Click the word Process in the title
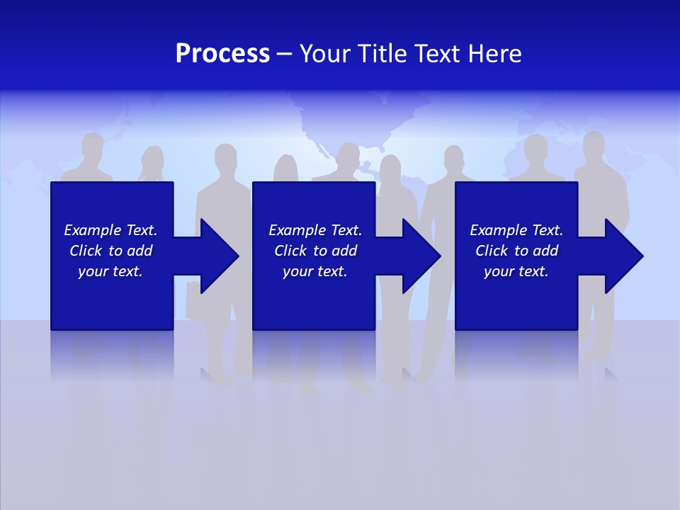click(222, 54)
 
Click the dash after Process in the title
click(285, 55)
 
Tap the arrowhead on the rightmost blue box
click(623, 256)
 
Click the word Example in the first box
click(93, 230)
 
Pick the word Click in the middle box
click(289, 251)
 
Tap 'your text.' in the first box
click(110, 271)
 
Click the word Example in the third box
click(499, 230)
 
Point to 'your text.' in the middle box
click(315, 271)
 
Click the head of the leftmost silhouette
click(92, 147)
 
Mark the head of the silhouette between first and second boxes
click(225, 157)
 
